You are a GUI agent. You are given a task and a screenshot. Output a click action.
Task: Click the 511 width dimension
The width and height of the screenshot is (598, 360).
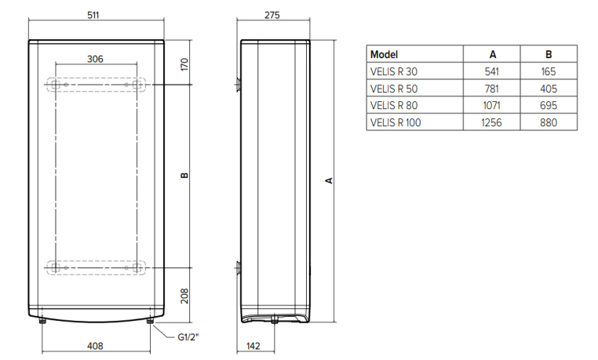(x=93, y=15)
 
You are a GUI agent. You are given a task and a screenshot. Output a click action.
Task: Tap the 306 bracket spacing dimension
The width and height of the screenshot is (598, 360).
(x=95, y=59)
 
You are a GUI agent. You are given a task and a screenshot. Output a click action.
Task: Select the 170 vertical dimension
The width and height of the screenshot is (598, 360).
(x=184, y=64)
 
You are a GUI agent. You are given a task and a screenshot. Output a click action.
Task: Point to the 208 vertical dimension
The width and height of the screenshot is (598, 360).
(x=184, y=296)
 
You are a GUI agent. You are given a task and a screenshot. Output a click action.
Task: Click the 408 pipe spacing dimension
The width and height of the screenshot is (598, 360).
(x=95, y=346)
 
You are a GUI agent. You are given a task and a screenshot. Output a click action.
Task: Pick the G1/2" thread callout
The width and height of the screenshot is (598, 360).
(x=188, y=337)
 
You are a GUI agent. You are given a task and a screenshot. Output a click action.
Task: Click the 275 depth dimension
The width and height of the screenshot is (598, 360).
(x=272, y=15)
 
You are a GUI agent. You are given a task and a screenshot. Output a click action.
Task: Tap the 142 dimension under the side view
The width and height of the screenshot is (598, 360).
(x=253, y=346)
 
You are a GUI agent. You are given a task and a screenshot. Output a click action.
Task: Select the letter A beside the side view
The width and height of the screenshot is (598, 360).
(x=329, y=180)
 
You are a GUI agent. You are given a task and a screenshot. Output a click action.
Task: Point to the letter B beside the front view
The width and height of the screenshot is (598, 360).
(x=184, y=175)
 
